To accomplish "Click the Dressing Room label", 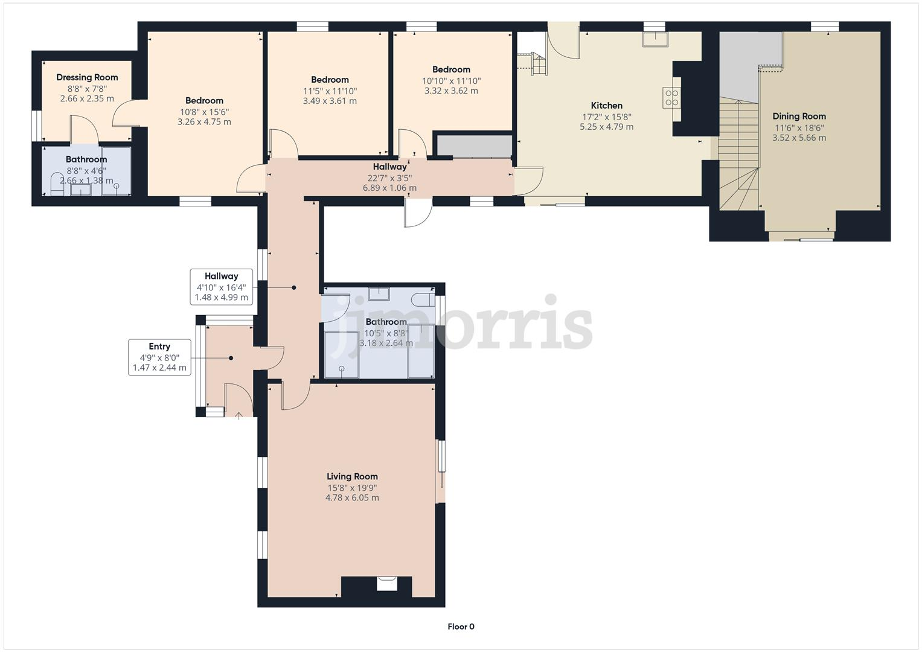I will (87, 77).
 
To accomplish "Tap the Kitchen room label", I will (606, 106).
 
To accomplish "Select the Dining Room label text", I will (799, 117).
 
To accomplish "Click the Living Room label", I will (352, 476).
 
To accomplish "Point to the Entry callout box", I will (159, 357).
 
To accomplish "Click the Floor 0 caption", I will (461, 627).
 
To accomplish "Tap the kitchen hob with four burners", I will (672, 98).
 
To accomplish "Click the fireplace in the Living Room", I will (387, 584).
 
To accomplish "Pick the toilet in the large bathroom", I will (421, 299).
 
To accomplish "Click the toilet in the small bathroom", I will (57, 184).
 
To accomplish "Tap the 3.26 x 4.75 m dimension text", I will (204, 122).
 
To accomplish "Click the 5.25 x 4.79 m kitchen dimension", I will (606, 127).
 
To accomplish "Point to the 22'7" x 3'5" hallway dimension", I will (389, 177).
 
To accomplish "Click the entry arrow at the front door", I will (239, 415).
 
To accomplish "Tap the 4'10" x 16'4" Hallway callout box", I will (221, 287).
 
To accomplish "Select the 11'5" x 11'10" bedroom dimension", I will (330, 91).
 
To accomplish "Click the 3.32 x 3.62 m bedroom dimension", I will (451, 91).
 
